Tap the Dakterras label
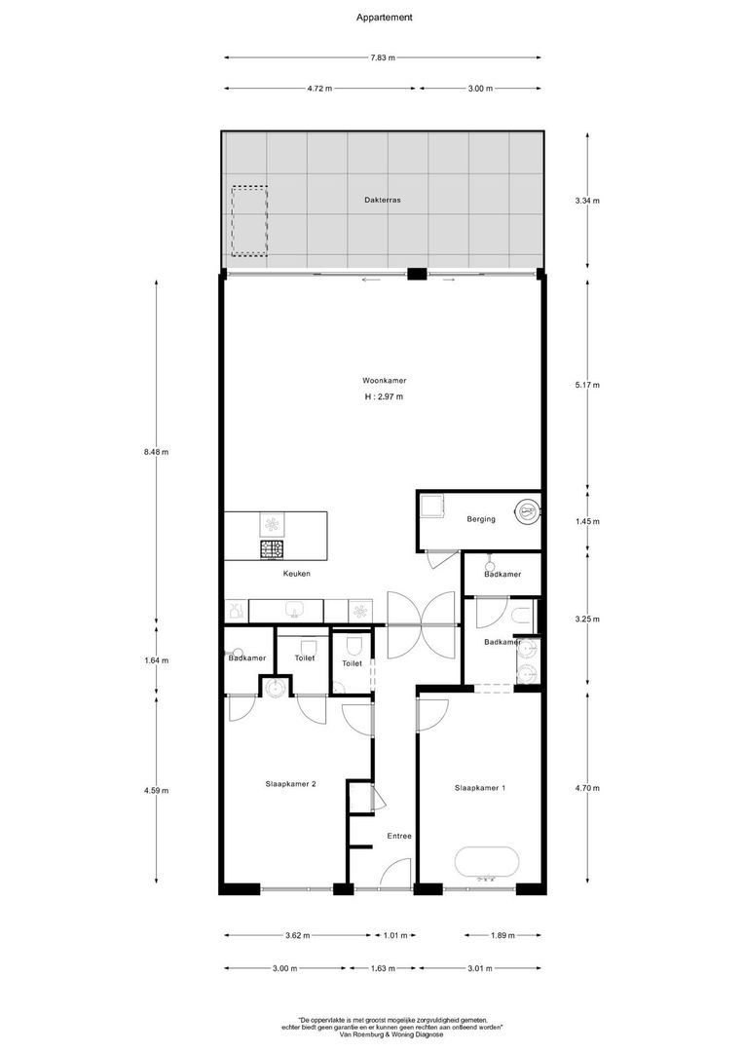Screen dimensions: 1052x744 [x=382, y=199]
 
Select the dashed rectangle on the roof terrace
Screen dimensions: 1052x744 [x=249, y=221]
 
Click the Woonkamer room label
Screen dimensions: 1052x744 [x=384, y=381]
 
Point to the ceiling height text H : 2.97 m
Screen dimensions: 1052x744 [x=384, y=397]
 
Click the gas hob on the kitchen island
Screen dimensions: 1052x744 [x=272, y=549]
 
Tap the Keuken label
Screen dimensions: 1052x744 [x=297, y=574]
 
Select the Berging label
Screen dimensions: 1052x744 [x=480, y=519]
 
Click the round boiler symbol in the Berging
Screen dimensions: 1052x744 [x=527, y=508]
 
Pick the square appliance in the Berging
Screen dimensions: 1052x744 [x=430, y=507]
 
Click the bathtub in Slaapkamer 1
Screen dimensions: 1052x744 [x=487, y=863]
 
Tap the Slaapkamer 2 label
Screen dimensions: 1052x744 [x=290, y=783]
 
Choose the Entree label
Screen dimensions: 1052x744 [x=399, y=836]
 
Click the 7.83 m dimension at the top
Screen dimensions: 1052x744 [x=383, y=58]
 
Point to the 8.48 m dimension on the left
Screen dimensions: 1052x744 [x=156, y=452]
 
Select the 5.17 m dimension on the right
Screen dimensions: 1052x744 [x=587, y=384]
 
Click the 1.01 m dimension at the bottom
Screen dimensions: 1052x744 [x=394, y=936]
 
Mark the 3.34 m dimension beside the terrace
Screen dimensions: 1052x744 [x=587, y=201]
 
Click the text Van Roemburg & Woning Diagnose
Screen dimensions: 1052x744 [x=383, y=1034]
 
